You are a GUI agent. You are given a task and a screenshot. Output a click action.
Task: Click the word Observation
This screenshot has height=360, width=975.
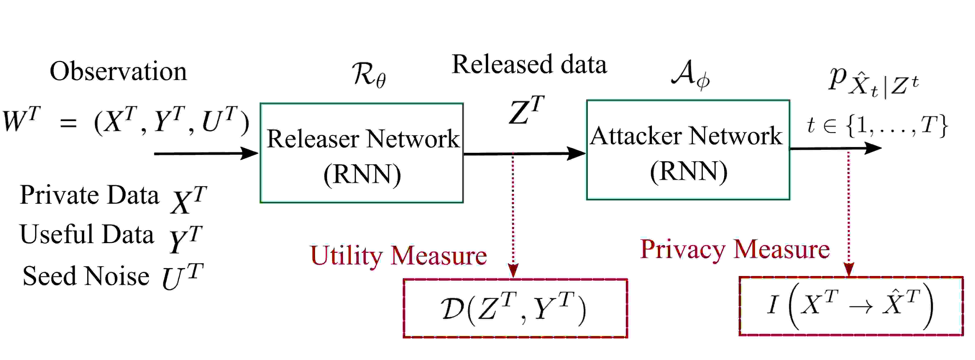(118, 71)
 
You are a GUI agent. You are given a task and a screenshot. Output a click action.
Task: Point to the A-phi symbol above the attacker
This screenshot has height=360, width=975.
(690, 75)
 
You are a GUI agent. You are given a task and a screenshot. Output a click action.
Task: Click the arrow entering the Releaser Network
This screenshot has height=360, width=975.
(206, 153)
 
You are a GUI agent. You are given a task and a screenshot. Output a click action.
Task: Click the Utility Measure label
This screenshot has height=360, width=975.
(399, 256)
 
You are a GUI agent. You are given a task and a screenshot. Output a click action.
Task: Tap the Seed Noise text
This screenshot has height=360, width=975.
(86, 276)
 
